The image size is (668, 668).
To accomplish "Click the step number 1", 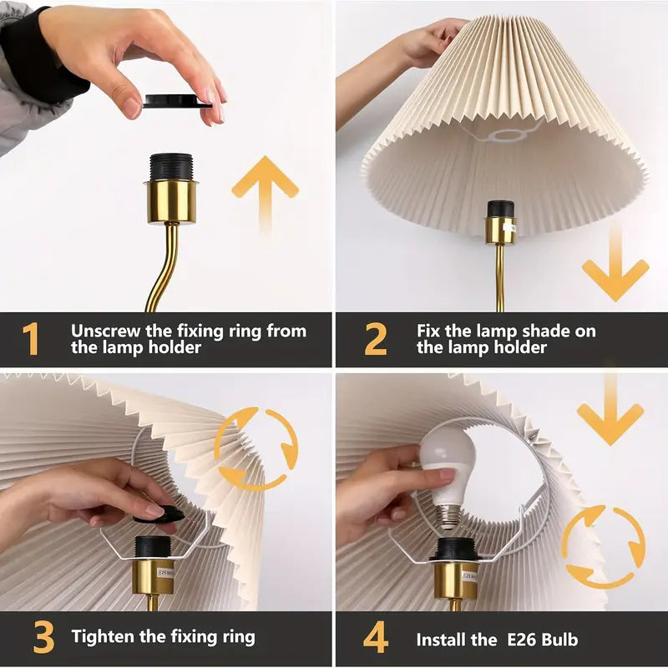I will coord(30,338).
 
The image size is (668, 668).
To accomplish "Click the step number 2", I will coord(376,338).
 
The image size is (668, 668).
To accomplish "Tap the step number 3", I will coord(43,638).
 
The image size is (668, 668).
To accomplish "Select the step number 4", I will coord(376,638).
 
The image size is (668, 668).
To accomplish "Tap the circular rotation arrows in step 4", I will coord(602,548).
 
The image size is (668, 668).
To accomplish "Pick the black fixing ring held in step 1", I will coord(176,102).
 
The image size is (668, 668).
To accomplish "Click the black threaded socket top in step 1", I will coord(172,165).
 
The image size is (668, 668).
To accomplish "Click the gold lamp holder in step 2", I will coord(501,230).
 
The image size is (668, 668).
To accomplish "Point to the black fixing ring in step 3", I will coord(159,514).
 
